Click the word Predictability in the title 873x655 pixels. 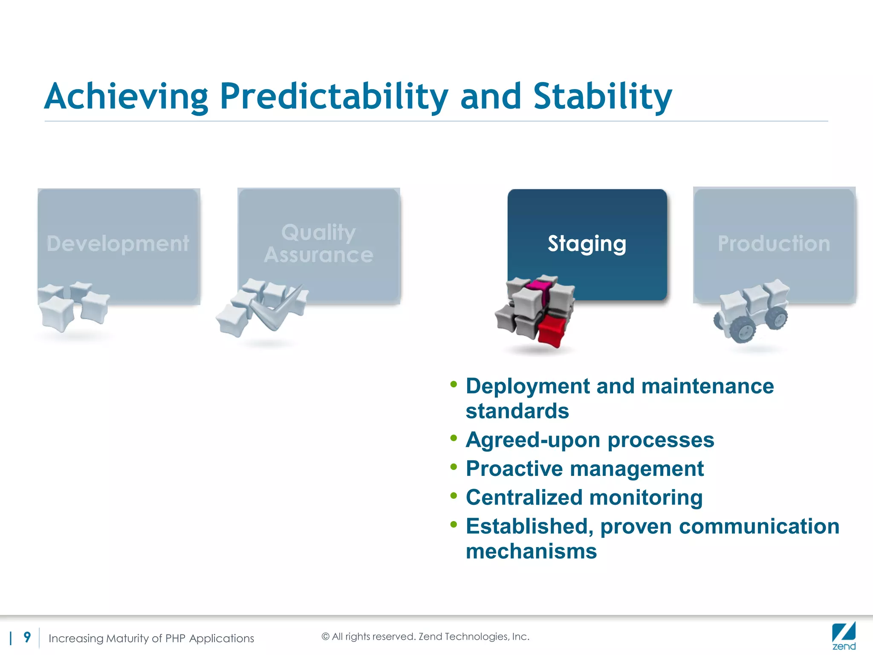[333, 97]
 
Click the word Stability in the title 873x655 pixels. [602, 97]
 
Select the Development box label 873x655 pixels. [118, 243]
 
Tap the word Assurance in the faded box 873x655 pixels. [318, 255]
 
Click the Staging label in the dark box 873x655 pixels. [587, 243]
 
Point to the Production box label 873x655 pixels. [774, 243]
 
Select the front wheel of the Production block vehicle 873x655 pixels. [743, 330]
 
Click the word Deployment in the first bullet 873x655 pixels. [527, 386]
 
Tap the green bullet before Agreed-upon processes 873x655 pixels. [454, 438]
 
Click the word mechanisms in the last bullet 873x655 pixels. [531, 551]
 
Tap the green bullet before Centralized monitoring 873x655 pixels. [454, 496]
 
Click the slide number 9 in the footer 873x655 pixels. [27, 637]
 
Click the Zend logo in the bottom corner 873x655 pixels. [844, 636]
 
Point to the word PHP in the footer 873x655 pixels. [175, 638]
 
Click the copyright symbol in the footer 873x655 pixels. [326, 637]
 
